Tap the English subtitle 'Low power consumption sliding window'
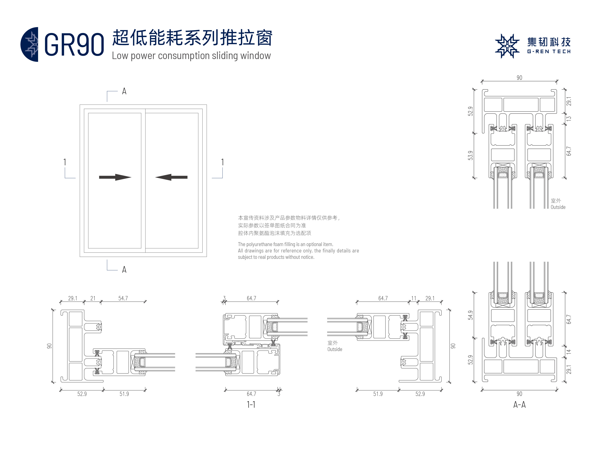point(191,56)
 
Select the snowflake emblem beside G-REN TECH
point(507,46)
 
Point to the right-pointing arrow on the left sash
point(115,177)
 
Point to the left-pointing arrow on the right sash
point(171,177)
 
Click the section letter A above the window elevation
point(124,91)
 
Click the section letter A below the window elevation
point(124,270)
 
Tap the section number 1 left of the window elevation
point(65,162)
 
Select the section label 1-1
point(251,404)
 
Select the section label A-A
point(519,404)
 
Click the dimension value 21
point(93,298)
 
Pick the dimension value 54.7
point(123,298)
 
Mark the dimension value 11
point(414,298)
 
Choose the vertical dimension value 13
point(569,118)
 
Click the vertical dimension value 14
point(569,352)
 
